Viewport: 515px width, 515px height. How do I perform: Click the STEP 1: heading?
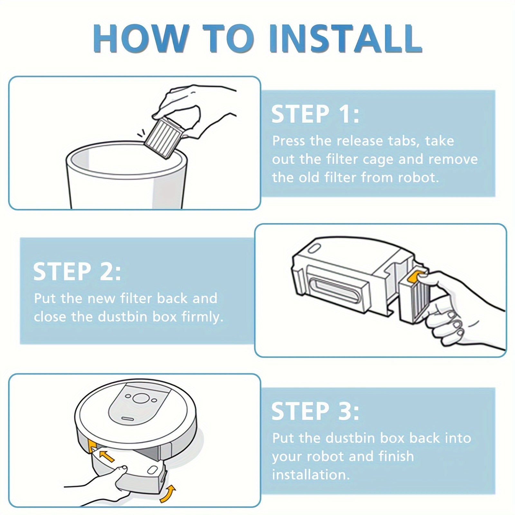click(315, 114)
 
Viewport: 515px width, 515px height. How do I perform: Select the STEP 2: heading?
click(77, 272)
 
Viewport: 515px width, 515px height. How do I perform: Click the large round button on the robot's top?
click(139, 398)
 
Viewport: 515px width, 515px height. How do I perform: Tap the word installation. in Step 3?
click(311, 475)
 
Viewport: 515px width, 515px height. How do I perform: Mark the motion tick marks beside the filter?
click(141, 134)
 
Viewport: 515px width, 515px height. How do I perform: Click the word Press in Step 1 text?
click(288, 141)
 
